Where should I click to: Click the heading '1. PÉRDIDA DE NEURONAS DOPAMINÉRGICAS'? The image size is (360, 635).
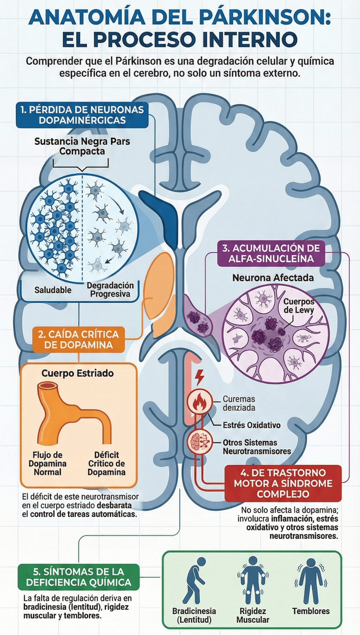click(82, 114)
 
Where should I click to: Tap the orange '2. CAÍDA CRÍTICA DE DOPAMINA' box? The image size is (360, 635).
click(79, 340)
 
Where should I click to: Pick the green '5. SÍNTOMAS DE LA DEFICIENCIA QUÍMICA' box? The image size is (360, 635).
click(78, 577)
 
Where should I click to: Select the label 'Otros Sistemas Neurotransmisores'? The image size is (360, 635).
click(257, 447)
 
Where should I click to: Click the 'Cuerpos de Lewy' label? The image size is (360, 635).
click(299, 307)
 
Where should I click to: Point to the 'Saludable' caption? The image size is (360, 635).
click(53, 290)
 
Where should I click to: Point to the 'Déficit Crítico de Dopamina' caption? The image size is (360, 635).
click(106, 463)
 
